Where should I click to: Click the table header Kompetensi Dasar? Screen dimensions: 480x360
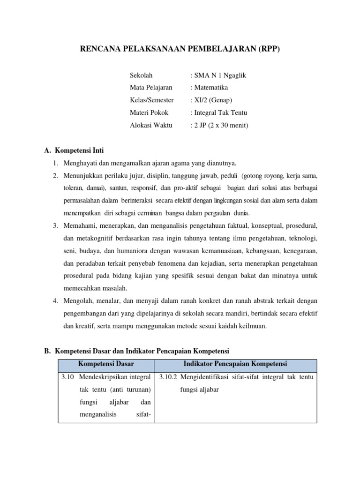(x=106, y=364)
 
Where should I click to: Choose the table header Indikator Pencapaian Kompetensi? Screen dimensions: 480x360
(x=235, y=364)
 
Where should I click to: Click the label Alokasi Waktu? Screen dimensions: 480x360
(x=151, y=125)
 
